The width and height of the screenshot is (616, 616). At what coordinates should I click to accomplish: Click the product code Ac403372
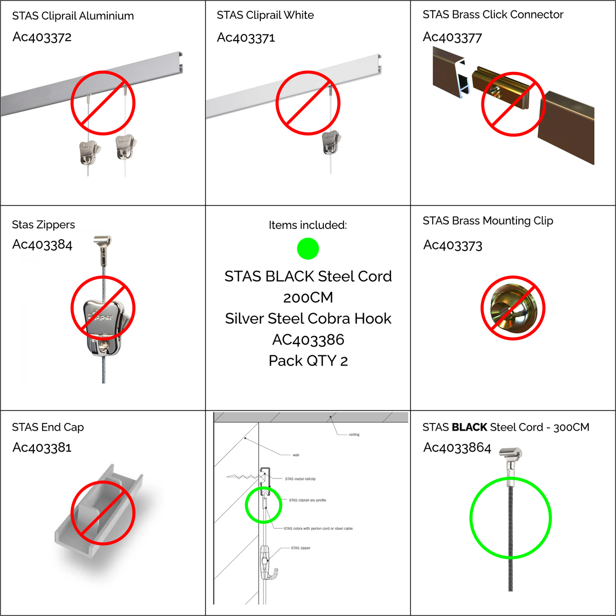(x=42, y=37)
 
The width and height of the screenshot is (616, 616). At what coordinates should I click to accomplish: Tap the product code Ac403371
(x=246, y=37)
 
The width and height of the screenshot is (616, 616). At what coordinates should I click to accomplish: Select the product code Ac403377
(x=452, y=37)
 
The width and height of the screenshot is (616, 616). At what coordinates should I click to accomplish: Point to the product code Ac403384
(x=42, y=245)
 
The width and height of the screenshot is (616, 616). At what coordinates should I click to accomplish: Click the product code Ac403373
(x=453, y=245)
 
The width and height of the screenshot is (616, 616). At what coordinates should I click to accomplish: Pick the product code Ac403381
(x=42, y=448)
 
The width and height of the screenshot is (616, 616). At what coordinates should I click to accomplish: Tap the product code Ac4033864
(x=457, y=448)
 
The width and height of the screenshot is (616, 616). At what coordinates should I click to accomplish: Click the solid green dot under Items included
(x=308, y=248)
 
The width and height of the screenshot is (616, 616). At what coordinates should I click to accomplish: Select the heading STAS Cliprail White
(x=265, y=15)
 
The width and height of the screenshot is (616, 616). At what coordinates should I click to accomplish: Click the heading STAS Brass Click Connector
(x=493, y=14)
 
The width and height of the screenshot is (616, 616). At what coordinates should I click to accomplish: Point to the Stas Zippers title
(x=44, y=225)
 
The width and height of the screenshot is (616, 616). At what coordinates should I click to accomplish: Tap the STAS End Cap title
(x=48, y=427)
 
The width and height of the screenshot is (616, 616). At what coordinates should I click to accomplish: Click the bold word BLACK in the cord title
(x=469, y=427)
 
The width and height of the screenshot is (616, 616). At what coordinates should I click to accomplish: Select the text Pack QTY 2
(x=308, y=361)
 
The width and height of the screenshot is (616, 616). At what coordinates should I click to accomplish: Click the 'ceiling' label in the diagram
(x=354, y=434)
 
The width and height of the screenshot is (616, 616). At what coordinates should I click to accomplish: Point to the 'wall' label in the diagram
(x=296, y=455)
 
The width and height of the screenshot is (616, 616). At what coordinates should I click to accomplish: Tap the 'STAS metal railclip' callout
(x=300, y=479)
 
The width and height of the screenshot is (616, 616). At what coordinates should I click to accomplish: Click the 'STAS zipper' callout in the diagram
(x=300, y=548)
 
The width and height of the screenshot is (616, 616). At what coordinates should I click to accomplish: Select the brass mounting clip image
(x=513, y=308)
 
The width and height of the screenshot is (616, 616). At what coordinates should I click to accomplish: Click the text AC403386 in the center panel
(x=308, y=340)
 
